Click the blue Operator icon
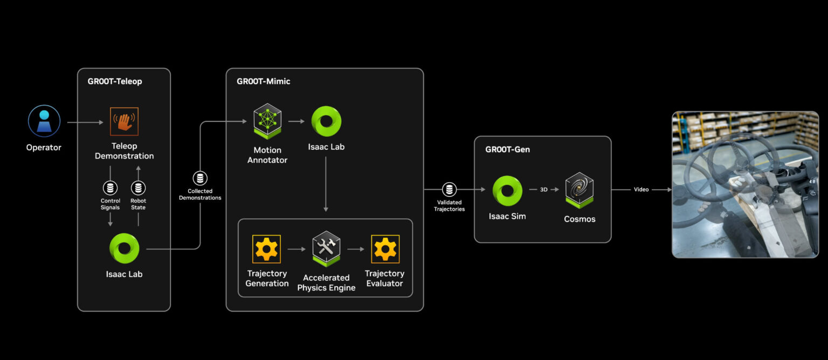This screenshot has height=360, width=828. click(44, 121)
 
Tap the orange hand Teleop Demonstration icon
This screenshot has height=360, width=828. click(124, 121)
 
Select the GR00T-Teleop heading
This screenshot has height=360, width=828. click(115, 82)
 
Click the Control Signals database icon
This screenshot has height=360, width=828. click(110, 188)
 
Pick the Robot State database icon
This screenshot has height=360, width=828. click(138, 188)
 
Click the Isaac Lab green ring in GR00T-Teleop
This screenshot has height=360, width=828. click(124, 248)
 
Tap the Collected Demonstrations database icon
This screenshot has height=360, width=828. click(200, 179)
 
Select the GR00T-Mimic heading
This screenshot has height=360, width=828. click(264, 82)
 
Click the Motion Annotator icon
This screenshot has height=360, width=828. click(267, 122)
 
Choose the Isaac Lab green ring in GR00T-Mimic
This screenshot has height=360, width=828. click(326, 122)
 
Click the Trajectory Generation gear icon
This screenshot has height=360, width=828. click(266, 249)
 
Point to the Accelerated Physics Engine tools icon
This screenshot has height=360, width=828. click(326, 250)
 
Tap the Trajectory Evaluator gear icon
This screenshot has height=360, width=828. click(385, 249)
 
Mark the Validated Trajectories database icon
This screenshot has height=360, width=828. click(449, 190)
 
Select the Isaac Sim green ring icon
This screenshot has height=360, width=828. click(507, 191)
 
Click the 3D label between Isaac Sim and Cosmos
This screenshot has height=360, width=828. click(544, 190)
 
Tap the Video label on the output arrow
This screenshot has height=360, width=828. click(641, 190)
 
